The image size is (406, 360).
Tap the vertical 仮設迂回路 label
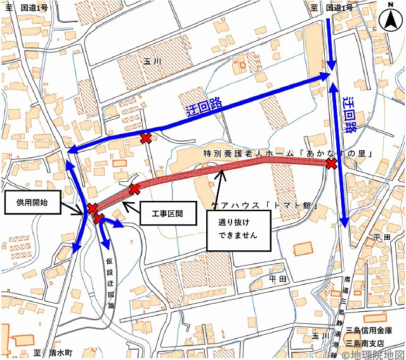click(110, 280)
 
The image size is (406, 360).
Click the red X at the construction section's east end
click(331, 165)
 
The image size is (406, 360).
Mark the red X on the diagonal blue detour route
click(145, 138)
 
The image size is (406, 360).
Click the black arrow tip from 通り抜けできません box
click(220, 170)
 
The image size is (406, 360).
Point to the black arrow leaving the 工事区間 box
click(130, 206)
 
